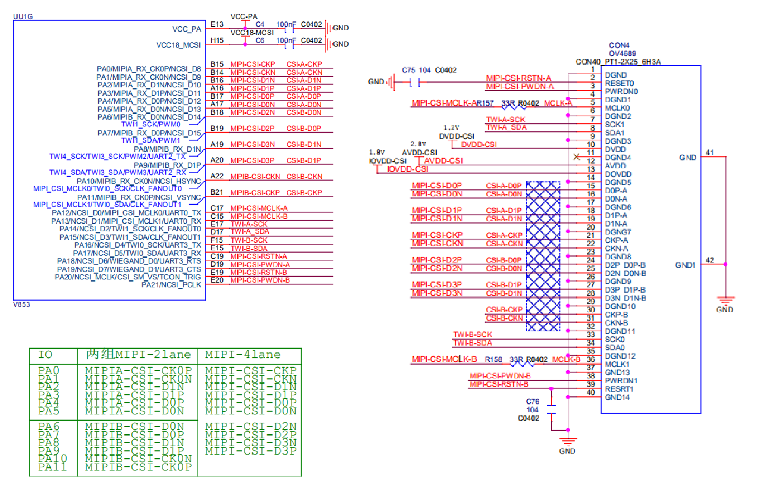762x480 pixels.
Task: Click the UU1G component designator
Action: pos(23,16)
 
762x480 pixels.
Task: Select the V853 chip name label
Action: pos(22,304)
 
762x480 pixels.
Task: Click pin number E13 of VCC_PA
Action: pos(217,24)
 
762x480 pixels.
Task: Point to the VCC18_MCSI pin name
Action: pos(178,45)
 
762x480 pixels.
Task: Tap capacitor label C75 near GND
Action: pos(409,70)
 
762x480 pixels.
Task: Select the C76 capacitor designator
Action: pos(532,402)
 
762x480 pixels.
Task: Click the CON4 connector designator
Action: pos(619,45)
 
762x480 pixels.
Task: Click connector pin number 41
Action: pos(710,152)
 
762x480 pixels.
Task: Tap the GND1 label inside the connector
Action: pos(685,265)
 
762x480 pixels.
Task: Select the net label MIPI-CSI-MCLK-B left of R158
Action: pos(444,359)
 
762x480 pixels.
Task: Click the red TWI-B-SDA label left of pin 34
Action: pos(473,343)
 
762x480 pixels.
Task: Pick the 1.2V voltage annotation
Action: pos(451,128)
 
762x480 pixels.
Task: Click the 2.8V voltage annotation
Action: pos(418,144)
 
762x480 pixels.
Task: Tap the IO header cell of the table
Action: pos(46,355)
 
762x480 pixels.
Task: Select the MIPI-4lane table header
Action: pos(243,355)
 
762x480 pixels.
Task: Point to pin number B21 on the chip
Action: pos(217,192)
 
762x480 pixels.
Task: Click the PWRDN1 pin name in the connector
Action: pos(621,381)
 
